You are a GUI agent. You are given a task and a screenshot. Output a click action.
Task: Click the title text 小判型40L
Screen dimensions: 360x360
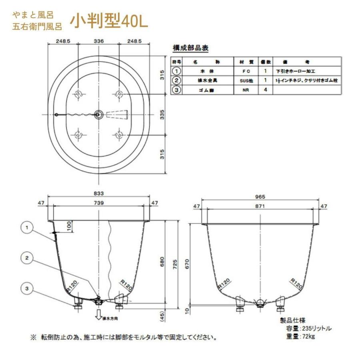[x=109, y=22]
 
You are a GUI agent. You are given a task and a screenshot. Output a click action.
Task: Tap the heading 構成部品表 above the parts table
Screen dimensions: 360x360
[x=190, y=48]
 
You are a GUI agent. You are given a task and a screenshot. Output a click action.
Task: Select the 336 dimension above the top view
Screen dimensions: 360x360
[x=99, y=41]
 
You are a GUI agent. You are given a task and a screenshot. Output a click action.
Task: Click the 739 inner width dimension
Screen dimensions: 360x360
[x=99, y=203]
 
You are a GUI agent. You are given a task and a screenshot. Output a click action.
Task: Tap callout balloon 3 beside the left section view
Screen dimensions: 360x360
[x=27, y=288]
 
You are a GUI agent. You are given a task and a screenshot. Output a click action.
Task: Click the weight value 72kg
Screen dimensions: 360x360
[x=309, y=337]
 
